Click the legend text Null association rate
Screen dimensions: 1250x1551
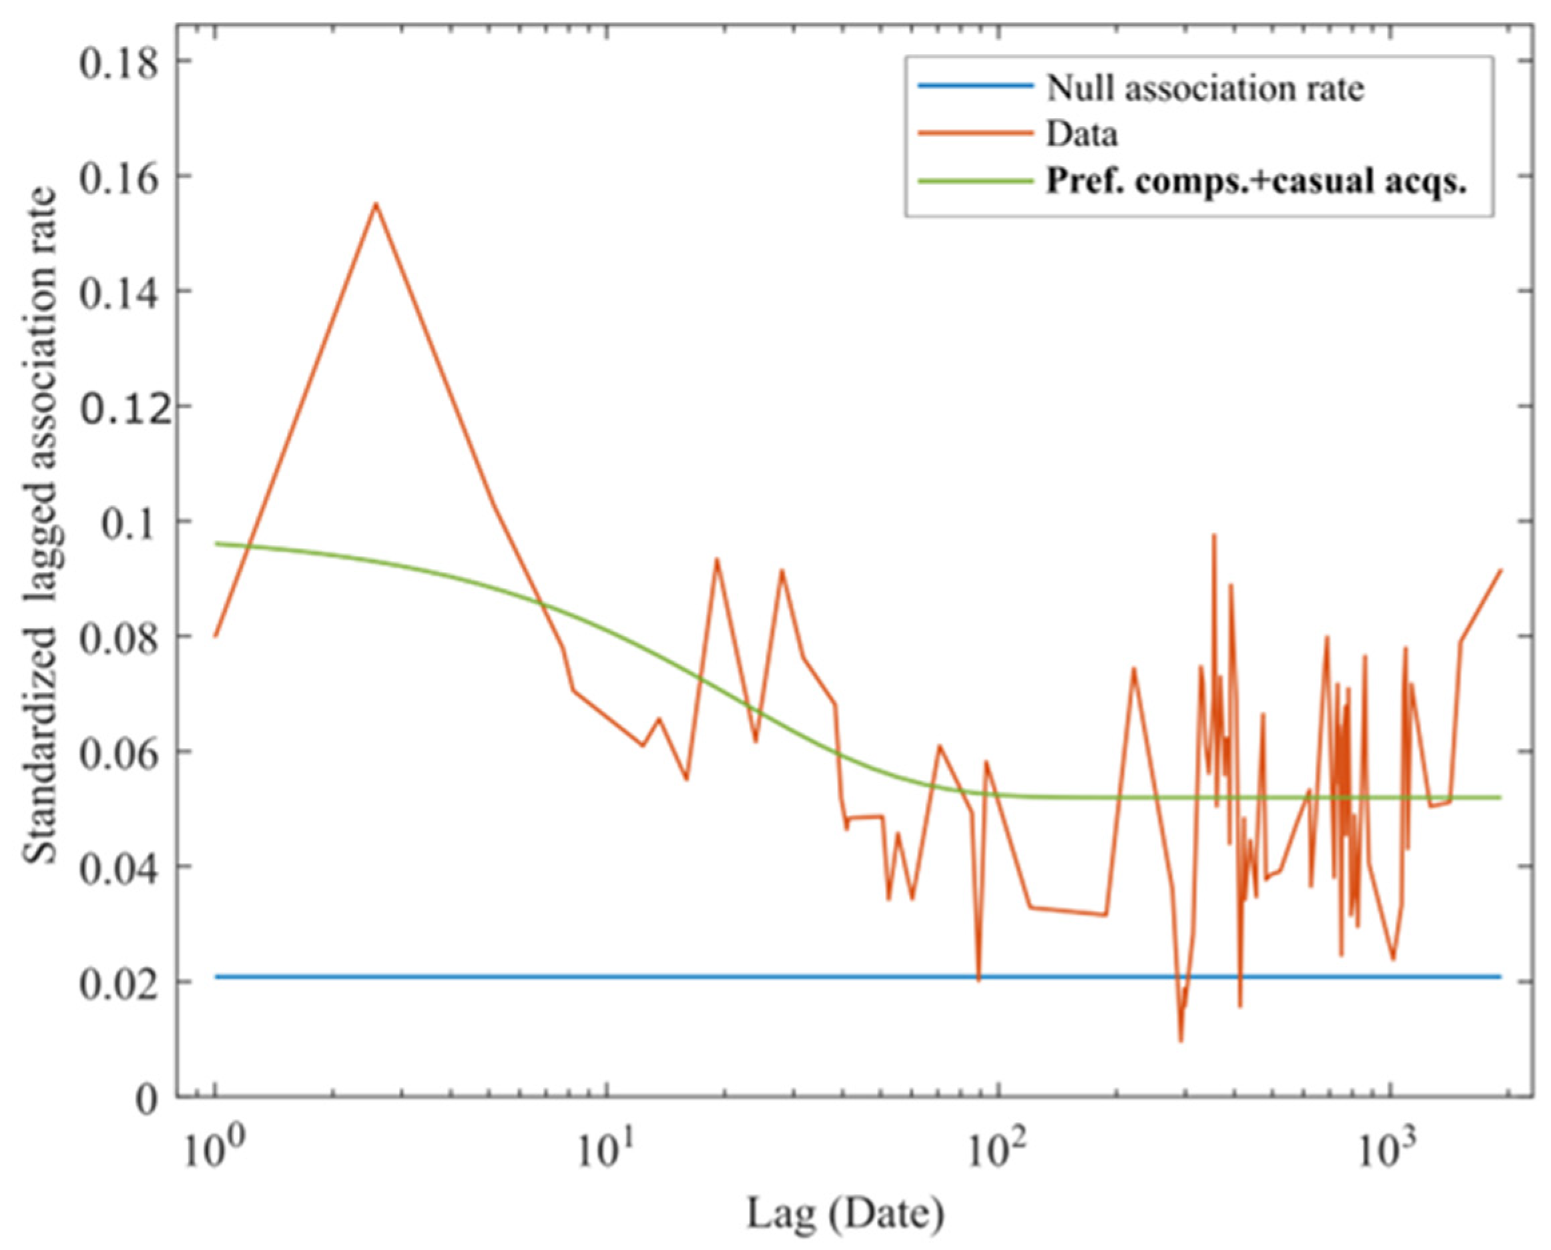click(x=1205, y=89)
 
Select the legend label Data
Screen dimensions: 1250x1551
click(x=1082, y=134)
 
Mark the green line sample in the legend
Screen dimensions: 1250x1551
click(x=974, y=180)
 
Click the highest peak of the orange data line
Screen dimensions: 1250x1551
click(x=375, y=204)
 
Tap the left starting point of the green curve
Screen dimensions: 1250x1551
click(x=216, y=544)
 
